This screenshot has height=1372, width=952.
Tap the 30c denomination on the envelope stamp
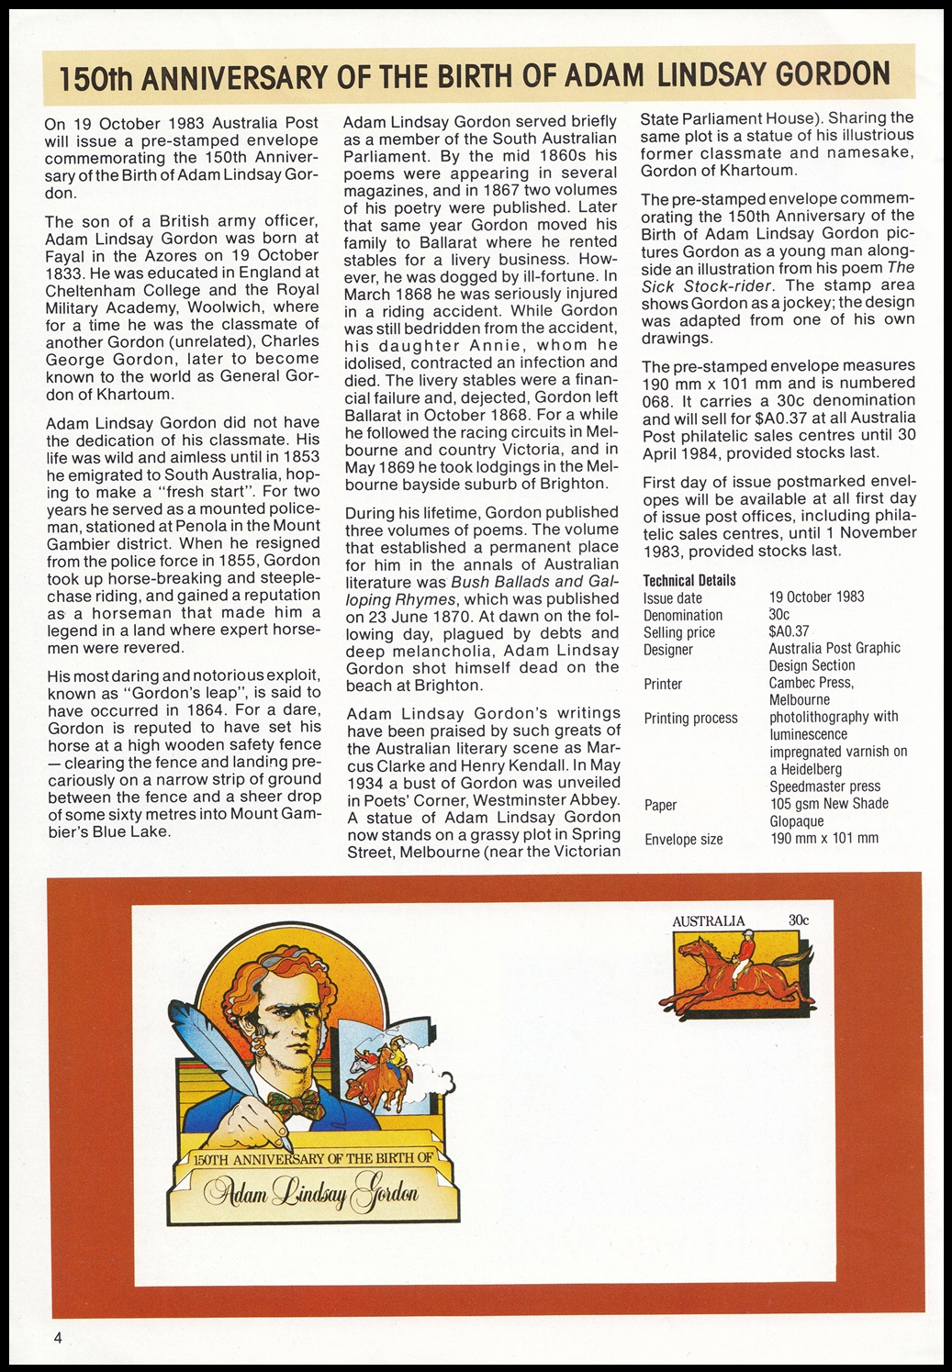798,920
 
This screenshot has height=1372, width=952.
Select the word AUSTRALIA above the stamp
708,921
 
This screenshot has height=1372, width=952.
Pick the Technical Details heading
689,580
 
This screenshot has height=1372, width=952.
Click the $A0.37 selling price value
789,631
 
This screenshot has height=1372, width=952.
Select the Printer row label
663,684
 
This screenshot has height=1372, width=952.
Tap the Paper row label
660,805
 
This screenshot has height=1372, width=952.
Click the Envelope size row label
683,839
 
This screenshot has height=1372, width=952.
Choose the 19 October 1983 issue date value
816,597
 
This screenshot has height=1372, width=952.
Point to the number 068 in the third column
658,400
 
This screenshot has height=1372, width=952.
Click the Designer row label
667,650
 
